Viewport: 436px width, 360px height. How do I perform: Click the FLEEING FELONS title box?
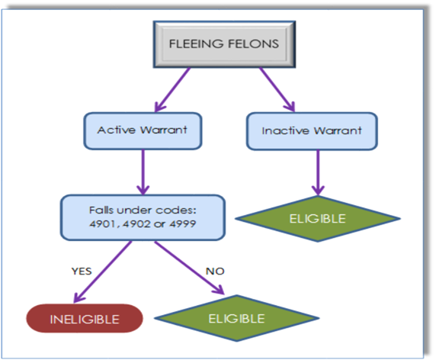(x=224, y=44)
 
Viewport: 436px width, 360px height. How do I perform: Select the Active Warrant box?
(x=143, y=130)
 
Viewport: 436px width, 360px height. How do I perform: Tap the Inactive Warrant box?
(x=312, y=131)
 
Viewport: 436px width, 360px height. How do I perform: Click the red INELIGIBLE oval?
(x=85, y=319)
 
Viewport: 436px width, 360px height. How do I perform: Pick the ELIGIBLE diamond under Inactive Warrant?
(x=318, y=219)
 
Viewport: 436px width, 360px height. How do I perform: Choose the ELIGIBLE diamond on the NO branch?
(x=236, y=318)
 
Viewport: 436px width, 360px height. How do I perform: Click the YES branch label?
(x=82, y=271)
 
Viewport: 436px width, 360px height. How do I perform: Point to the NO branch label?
(x=215, y=271)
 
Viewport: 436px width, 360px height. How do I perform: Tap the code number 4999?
(x=183, y=223)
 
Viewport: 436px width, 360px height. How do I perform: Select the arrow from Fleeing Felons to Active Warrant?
(x=172, y=89)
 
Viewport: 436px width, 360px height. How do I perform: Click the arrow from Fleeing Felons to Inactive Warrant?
(x=277, y=89)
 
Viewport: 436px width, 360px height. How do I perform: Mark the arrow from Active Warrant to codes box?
(x=143, y=172)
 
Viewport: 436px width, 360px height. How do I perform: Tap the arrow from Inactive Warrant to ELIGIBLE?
(x=318, y=173)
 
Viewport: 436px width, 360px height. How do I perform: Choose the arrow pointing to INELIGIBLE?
(x=103, y=272)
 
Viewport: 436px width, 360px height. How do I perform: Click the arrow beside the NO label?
(x=189, y=268)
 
